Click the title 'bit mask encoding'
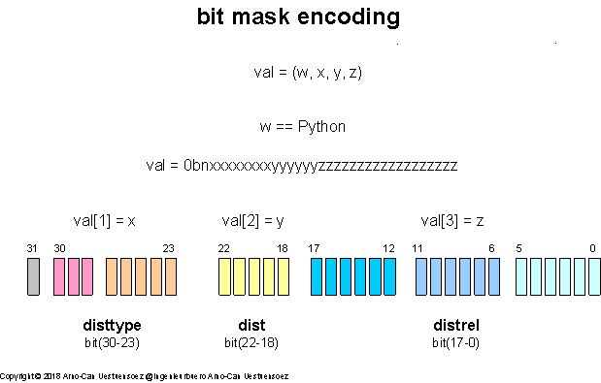pos(298,17)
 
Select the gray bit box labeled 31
pos(33,276)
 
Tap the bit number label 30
pos(59,249)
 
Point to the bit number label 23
pos(169,249)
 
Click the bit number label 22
pos(224,249)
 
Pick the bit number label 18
pos(283,249)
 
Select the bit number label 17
pos(314,249)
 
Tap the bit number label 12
pos(389,249)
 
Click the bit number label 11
pos(417,249)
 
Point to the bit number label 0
pos(593,249)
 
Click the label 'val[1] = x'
pos(104,220)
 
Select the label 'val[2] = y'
pos(251,220)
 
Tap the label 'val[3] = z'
pos(452,220)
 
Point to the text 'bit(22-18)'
pos(250,341)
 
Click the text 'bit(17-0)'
pos(454,341)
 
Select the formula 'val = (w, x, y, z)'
pos(307,73)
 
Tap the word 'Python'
pos(321,127)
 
